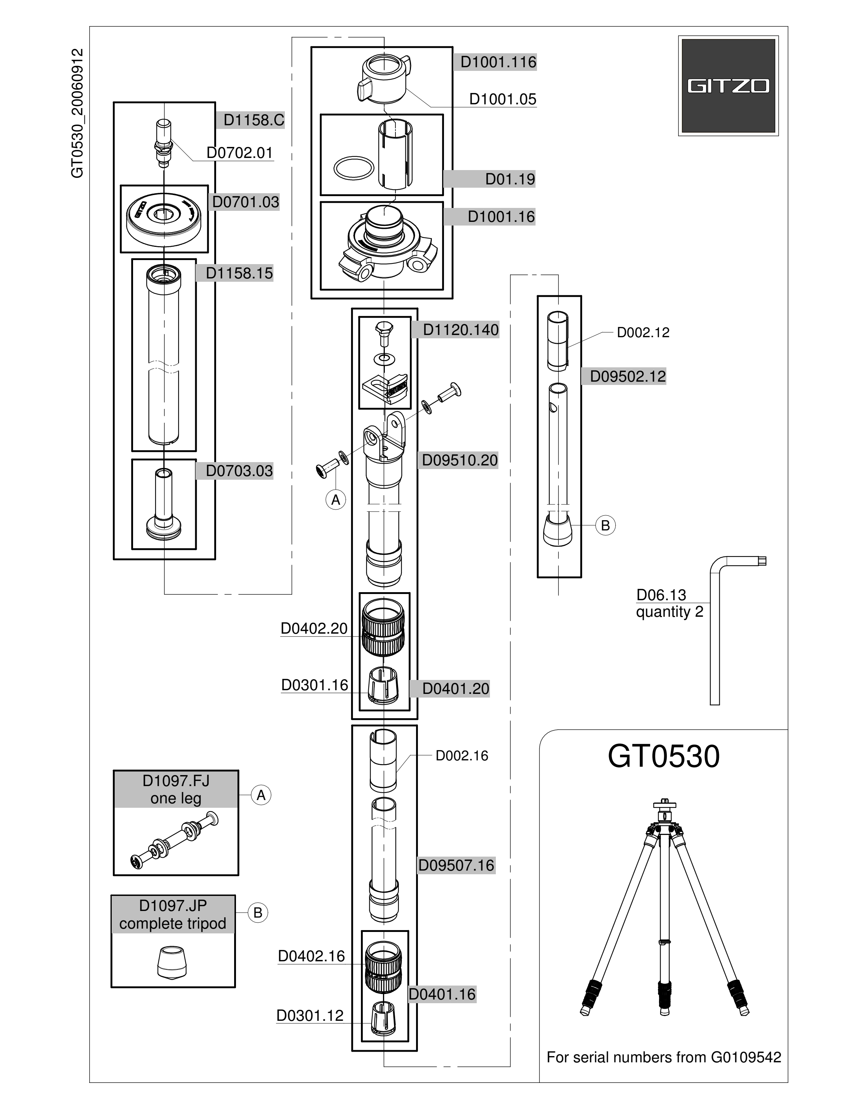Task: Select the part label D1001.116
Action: (x=498, y=62)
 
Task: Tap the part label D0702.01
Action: (x=240, y=152)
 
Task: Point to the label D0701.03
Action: (x=245, y=202)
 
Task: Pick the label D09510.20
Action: (x=460, y=460)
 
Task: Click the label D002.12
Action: (x=643, y=332)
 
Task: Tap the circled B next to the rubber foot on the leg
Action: (x=605, y=525)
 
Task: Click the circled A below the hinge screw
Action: (x=336, y=500)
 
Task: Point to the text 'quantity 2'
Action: (x=669, y=612)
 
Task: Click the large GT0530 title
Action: (x=663, y=756)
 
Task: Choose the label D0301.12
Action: (x=310, y=1015)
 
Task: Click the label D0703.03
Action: (x=239, y=471)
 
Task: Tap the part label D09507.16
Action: (x=456, y=865)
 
